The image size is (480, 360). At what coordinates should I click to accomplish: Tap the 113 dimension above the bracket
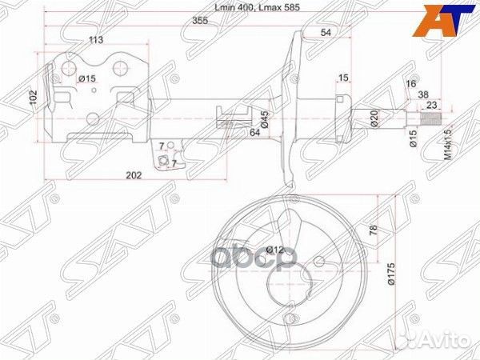point(97,39)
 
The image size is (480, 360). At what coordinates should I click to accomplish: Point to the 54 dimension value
point(326,31)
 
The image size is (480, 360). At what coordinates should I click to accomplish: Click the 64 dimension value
point(254,131)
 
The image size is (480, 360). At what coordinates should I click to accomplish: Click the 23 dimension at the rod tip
point(431,104)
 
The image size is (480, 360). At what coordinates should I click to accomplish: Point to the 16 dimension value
point(411,83)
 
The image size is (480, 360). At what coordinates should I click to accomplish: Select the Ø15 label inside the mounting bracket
point(87,78)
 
